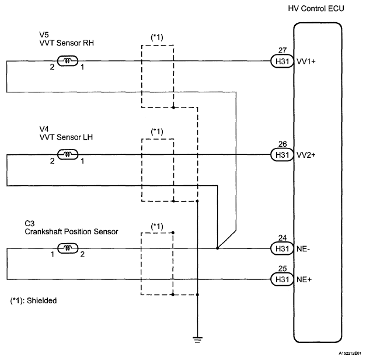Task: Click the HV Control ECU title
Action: coord(316,9)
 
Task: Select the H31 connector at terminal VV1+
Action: coord(282,61)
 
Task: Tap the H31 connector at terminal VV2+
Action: coord(282,155)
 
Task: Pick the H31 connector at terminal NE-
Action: coord(282,248)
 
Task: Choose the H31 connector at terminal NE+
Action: coord(282,279)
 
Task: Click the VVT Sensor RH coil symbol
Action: coord(68,61)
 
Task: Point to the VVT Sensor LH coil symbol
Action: coord(68,154)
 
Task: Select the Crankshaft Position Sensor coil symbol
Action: coord(68,248)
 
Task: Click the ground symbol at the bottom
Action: coord(197,340)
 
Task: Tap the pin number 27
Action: coord(283,50)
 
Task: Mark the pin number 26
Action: coord(283,144)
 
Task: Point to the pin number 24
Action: coord(283,238)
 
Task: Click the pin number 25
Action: coord(283,269)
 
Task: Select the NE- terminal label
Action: coord(303,249)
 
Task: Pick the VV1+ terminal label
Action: coord(306,61)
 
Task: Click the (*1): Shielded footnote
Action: coord(33,300)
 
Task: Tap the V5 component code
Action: coord(44,34)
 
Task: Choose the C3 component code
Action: coord(30,223)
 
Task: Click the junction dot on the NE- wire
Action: coord(217,248)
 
